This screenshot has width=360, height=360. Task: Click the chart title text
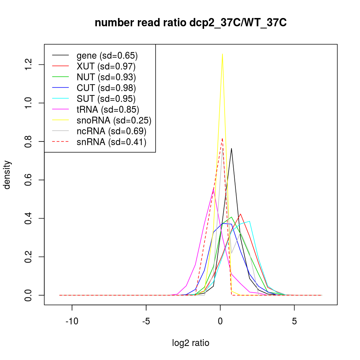190,23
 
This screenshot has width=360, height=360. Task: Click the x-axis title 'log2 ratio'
190,343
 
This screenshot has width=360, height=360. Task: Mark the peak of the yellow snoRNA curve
222,54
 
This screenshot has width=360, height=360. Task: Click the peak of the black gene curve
231,148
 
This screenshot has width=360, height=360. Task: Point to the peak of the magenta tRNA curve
213,188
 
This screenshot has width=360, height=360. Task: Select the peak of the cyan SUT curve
249,221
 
